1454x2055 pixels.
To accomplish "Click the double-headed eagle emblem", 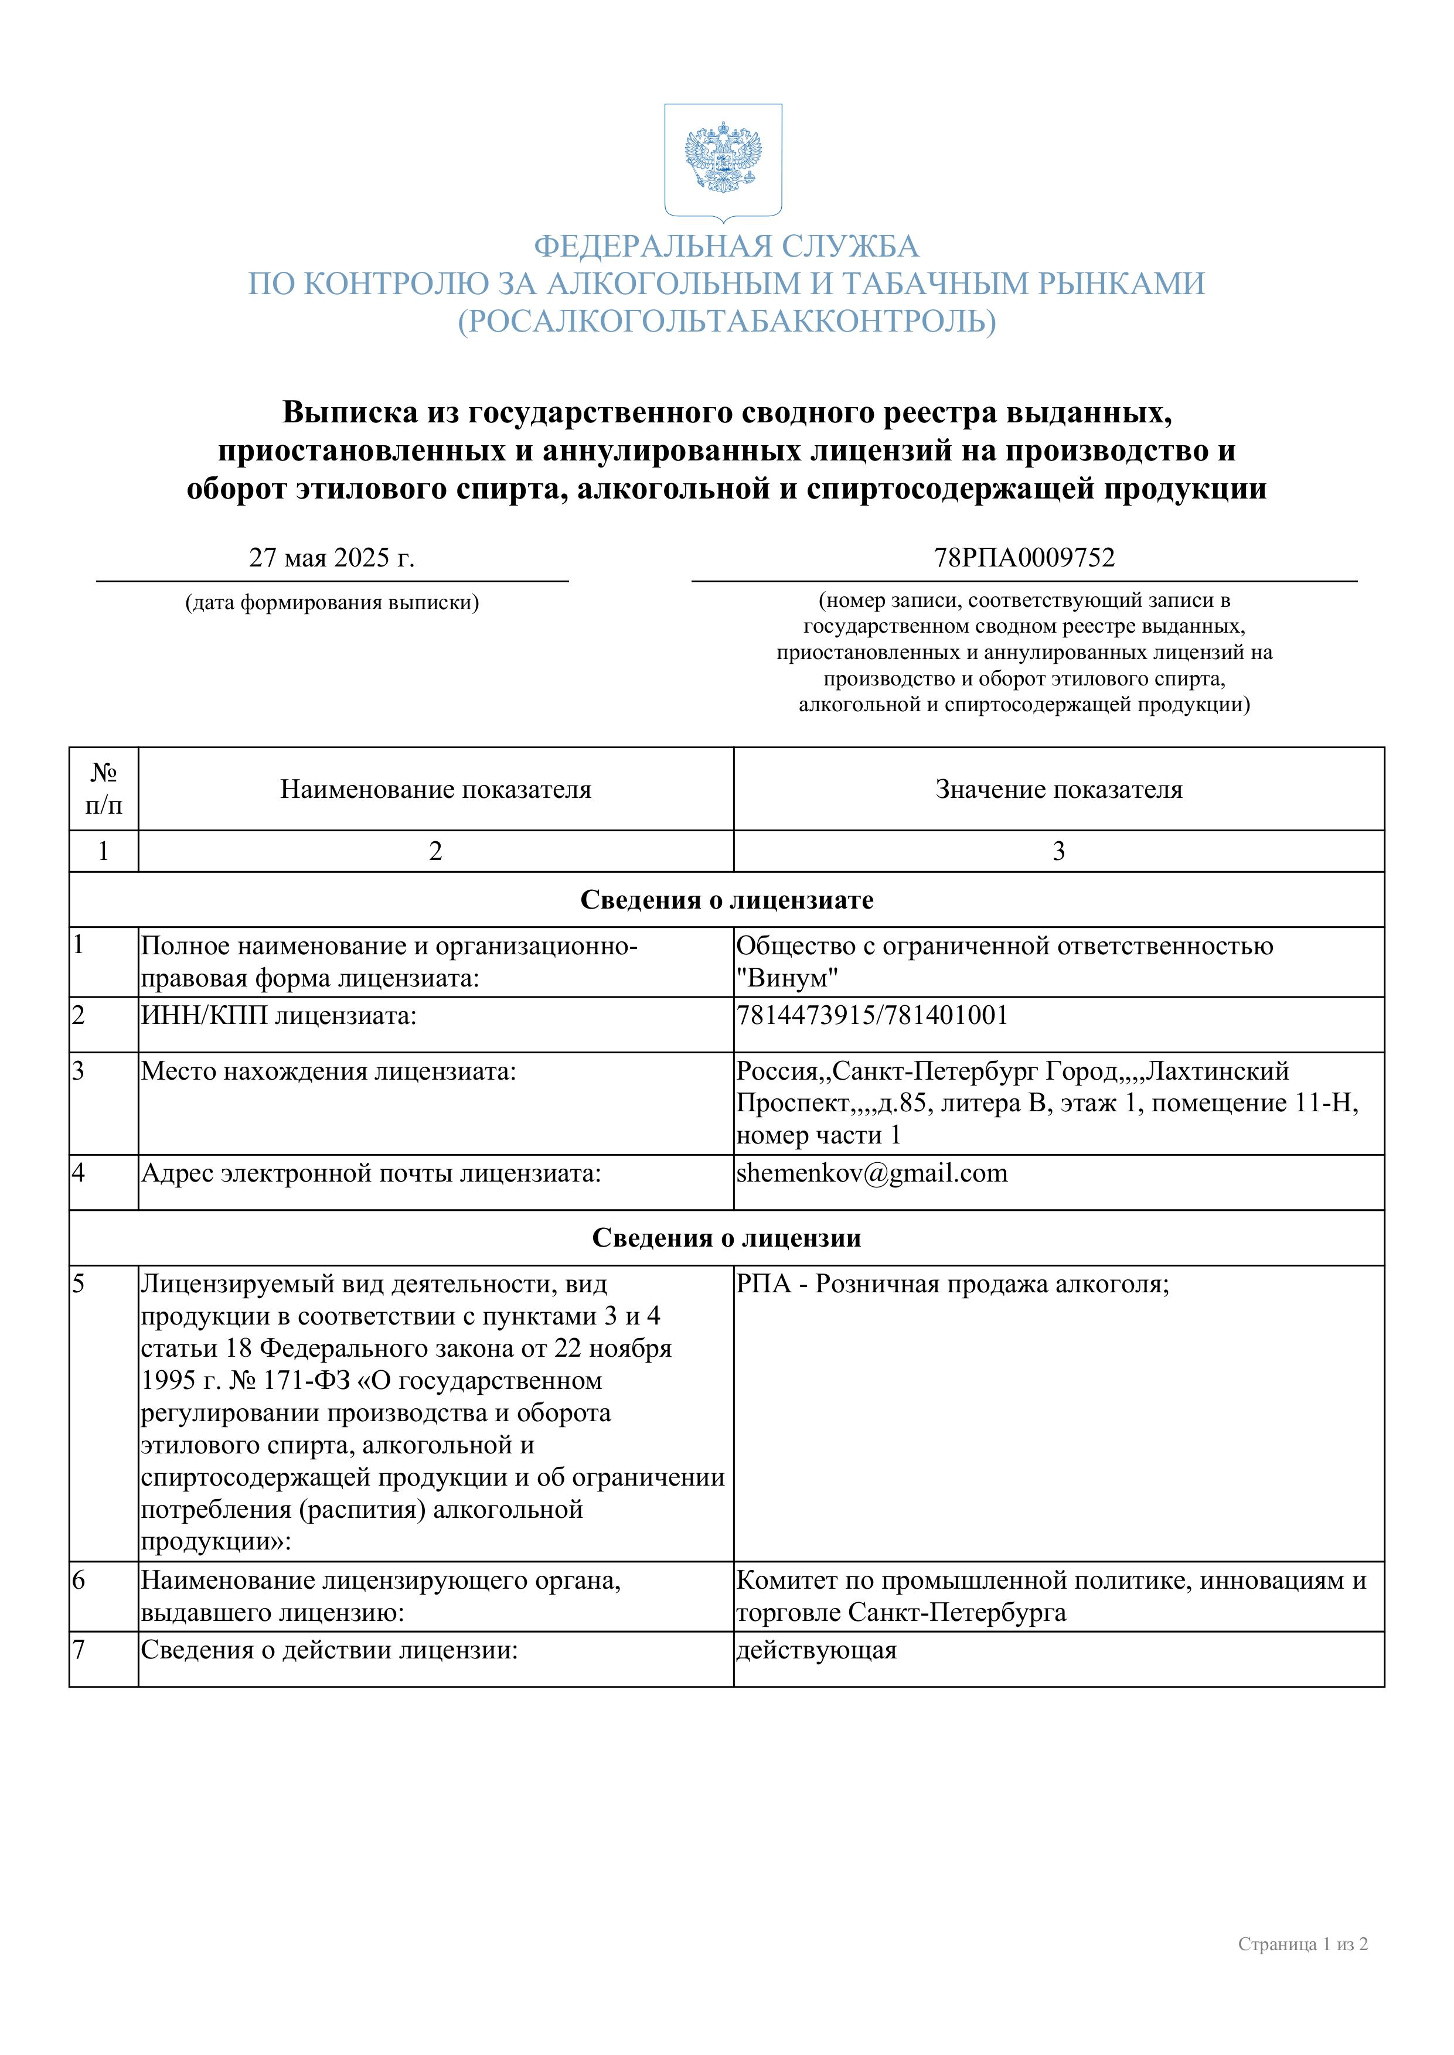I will pyautogui.click(x=723, y=159).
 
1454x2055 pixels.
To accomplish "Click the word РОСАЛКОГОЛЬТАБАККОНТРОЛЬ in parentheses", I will pyautogui.click(x=726, y=320).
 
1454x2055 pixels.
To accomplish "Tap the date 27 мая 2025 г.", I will pyautogui.click(x=331, y=558).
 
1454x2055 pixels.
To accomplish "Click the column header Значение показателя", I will pyautogui.click(x=1058, y=790).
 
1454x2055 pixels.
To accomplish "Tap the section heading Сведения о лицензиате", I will pyautogui.click(x=726, y=900).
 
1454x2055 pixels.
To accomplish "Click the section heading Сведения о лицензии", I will pyautogui.click(x=726, y=1238).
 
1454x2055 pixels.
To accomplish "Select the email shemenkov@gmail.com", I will pyautogui.click(x=871, y=1173).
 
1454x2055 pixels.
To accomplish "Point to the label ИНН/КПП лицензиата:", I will pyautogui.click(x=278, y=1015).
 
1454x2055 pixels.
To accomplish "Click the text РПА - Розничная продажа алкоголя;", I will pyautogui.click(x=952, y=1284).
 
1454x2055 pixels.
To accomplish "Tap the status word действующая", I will pyautogui.click(x=816, y=1650).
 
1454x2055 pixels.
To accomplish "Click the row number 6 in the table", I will pyautogui.click(x=79, y=1580).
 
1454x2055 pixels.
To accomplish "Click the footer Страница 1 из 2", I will pyautogui.click(x=1303, y=1944).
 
